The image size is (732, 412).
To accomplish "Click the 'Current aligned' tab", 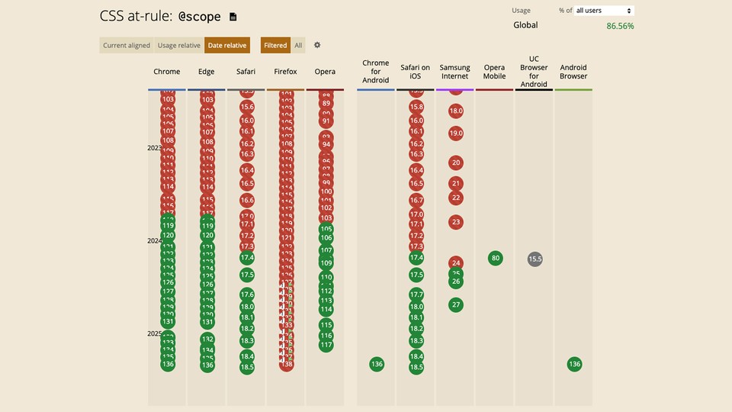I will [127, 46].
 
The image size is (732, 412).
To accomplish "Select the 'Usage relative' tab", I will [178, 46].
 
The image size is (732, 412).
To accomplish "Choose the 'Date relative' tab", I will [227, 46].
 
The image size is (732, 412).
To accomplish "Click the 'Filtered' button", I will [275, 46].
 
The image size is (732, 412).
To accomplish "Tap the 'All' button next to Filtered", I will [298, 46].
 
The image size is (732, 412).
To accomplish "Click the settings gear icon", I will [317, 46].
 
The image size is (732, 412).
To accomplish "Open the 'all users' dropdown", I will [604, 11].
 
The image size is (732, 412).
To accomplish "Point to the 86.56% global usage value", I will [620, 26].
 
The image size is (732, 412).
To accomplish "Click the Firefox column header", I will [286, 72].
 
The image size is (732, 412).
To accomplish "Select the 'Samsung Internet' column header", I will [455, 72].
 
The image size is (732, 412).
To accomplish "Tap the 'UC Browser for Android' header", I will [534, 72].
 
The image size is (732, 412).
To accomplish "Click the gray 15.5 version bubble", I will [535, 259].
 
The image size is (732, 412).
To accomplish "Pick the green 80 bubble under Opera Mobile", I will [496, 258].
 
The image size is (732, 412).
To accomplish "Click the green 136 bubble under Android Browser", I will [574, 364].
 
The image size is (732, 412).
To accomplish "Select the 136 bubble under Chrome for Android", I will [376, 364].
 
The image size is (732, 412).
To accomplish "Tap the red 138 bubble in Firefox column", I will [287, 365].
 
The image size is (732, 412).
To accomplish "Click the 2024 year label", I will [155, 241].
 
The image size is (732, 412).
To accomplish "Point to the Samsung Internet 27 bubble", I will [456, 304].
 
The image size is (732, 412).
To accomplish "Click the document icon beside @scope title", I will [233, 17].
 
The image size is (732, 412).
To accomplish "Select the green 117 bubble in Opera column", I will [326, 345].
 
